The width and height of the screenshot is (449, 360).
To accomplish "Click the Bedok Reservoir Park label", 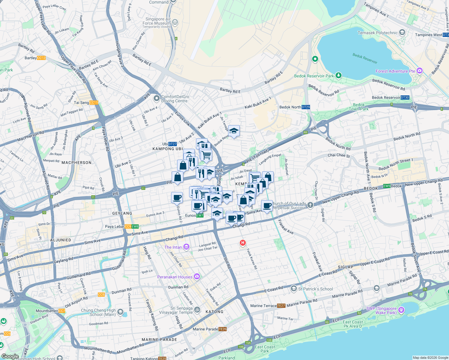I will tap(314, 76).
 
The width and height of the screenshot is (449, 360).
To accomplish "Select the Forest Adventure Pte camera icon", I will tap(420, 71).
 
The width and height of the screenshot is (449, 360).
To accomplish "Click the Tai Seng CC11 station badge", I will tap(94, 103).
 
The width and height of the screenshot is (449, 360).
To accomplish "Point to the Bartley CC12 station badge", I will tap(41, 58).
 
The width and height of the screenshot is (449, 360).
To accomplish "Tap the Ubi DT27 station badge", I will tap(173, 144).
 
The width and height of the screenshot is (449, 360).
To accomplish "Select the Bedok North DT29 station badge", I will tap(306, 107).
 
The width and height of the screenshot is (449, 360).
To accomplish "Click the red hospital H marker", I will tap(243, 243).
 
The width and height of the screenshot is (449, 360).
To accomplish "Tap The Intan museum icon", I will tap(186, 247).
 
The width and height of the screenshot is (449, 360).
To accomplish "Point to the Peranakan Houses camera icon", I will tap(197, 277).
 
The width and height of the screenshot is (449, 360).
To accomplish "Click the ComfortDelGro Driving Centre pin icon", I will tap(156, 98).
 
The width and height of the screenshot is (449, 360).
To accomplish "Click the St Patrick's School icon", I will tap(294, 289).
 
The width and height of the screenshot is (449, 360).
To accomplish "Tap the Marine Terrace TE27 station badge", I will tap(281, 306).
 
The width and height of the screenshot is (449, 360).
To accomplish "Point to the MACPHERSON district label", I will tap(77, 163).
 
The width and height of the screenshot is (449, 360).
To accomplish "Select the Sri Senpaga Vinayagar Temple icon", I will tap(197, 310).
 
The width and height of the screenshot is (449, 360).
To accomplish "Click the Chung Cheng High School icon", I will tap(120, 312).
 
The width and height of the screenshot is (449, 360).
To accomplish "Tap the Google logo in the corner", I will tap(10, 356).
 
